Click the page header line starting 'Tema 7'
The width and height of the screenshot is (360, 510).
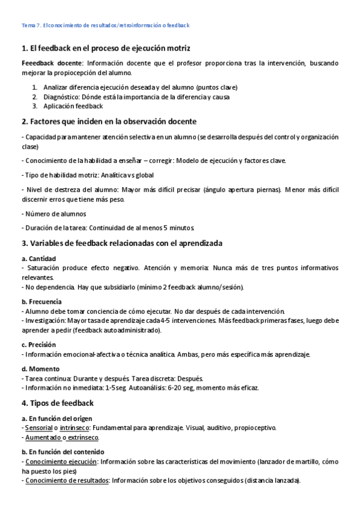105,25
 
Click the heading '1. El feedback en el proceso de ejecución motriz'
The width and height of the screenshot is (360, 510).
106,48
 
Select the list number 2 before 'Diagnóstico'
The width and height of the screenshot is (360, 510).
35,96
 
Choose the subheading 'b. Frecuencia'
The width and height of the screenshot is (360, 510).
41,302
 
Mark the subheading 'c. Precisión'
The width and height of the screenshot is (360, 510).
38,345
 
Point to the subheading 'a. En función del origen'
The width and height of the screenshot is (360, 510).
58,418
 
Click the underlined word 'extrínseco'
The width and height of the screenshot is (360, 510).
83,437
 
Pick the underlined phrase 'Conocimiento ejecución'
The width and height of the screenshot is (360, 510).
61,461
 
